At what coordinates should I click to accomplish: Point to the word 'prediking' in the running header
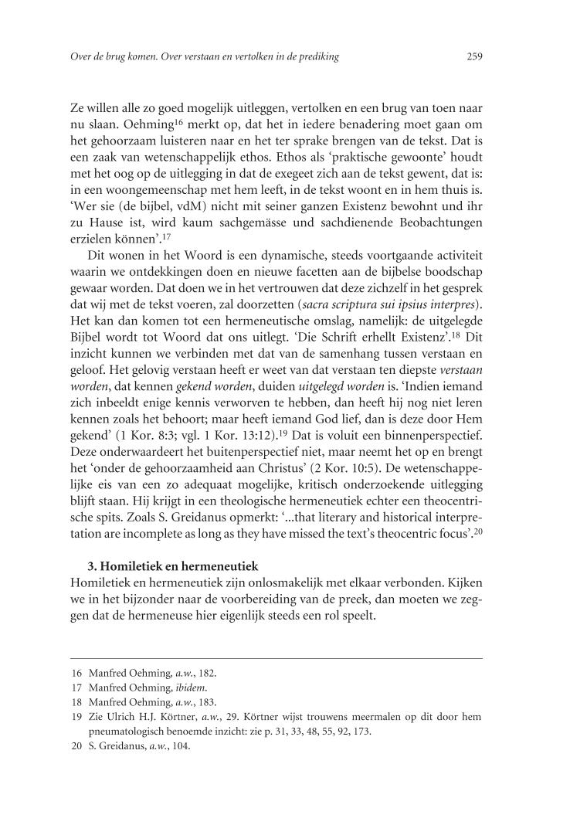pyautogui.click(x=319, y=56)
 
